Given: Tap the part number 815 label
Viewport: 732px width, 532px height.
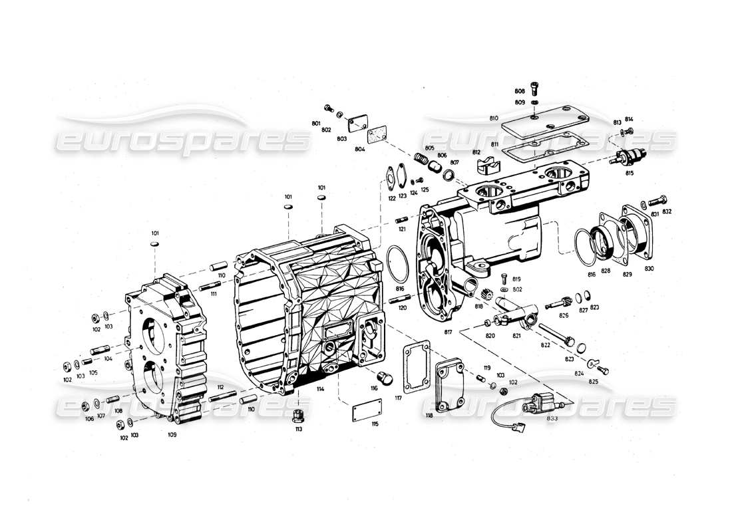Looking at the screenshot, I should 629,173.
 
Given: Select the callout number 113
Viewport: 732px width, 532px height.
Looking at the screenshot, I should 299,429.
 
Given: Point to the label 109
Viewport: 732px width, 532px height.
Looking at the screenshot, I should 172,434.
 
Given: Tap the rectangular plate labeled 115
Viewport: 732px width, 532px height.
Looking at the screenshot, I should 367,410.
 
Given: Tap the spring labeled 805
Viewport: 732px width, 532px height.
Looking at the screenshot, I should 421,158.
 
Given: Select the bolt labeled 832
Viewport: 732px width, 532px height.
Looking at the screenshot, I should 657,199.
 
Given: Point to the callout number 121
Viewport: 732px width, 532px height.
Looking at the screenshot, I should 402,229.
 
